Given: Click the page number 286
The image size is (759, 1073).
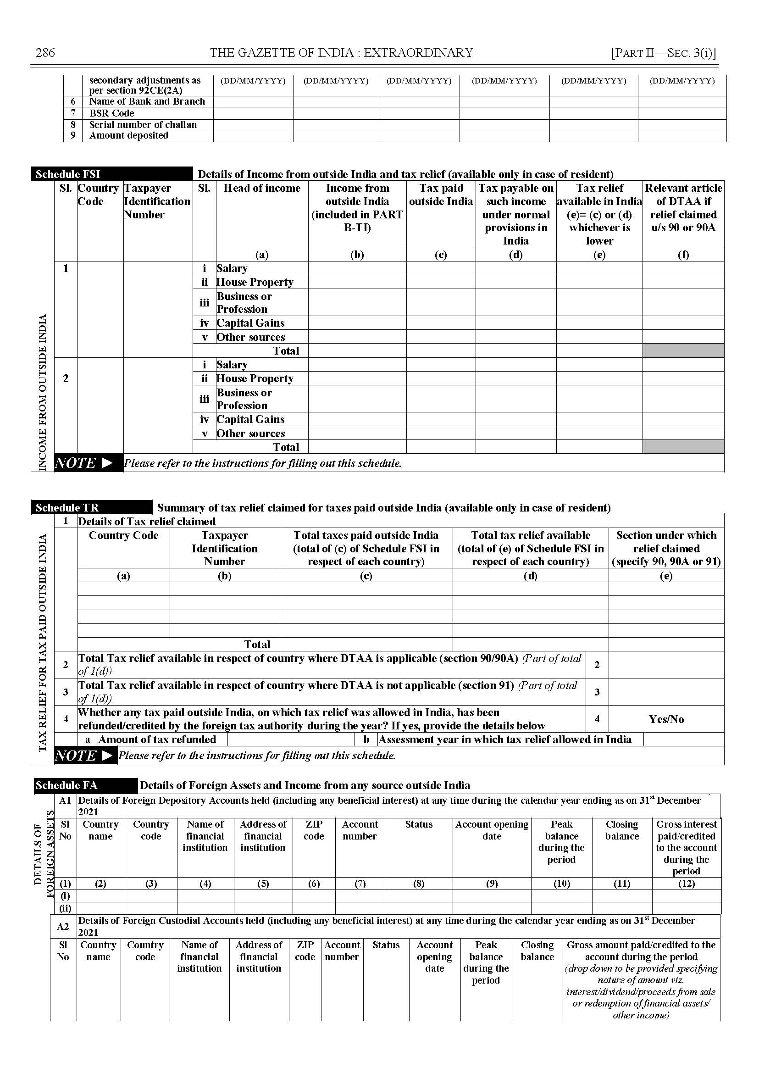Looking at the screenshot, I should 45,53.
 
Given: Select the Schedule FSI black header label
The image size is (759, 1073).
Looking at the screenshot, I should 68,174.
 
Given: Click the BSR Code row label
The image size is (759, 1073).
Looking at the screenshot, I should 112,113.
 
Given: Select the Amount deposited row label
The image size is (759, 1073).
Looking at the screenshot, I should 128,136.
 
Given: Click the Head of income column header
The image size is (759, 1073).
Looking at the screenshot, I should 262,189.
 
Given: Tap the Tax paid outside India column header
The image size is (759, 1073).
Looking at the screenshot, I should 441,195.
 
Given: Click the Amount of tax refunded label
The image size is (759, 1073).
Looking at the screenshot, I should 157,739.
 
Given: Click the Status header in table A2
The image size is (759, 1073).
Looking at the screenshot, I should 386,945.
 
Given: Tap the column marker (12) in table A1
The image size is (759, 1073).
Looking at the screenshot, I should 686,884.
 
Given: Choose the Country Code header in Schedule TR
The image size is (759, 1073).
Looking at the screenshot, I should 123,536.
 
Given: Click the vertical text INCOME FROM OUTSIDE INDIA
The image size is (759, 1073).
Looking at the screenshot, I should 43,393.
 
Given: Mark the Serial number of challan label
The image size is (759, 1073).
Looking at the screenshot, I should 143,125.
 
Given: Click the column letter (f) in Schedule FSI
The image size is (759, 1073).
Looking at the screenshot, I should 683,255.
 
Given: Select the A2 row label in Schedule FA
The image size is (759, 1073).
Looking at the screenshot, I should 63,927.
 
